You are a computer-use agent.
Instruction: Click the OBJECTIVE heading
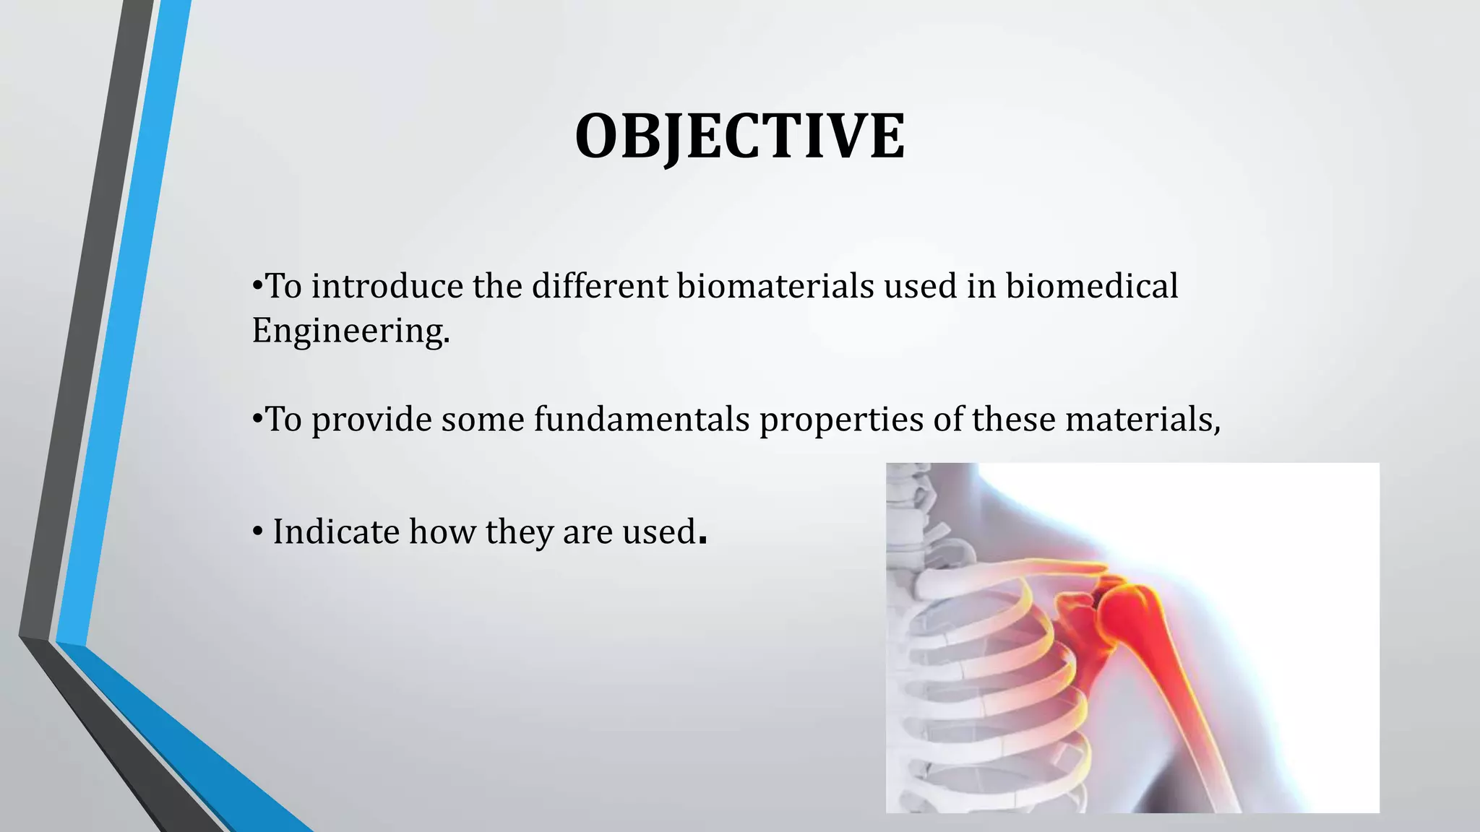[739, 136]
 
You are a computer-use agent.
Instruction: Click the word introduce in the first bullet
[387, 286]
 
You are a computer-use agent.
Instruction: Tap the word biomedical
[1091, 286]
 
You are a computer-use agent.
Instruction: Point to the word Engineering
[350, 331]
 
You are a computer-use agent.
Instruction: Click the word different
[600, 286]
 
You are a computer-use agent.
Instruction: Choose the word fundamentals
[642, 419]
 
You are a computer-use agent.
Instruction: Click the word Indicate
[336, 532]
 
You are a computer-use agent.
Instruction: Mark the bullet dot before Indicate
[258, 533]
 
